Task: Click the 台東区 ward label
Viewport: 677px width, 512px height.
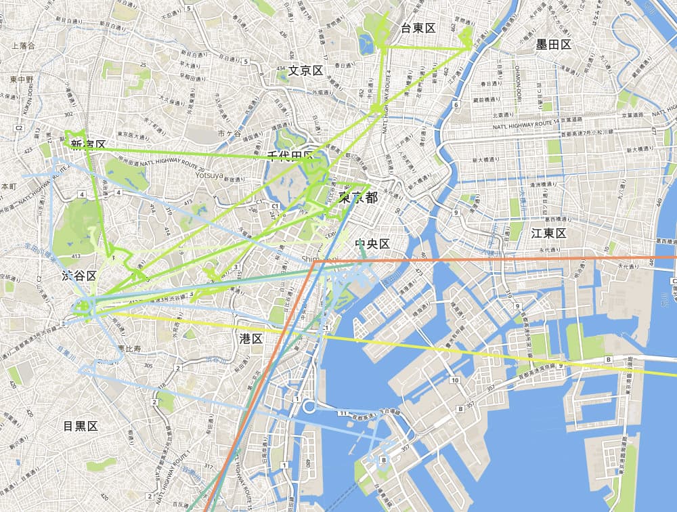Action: tap(417, 28)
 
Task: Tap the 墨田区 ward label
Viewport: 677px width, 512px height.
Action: tap(553, 45)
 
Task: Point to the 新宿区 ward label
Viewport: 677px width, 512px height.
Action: tap(88, 144)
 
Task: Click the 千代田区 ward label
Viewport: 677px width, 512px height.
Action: tap(290, 157)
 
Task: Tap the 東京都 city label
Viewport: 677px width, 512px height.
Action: tap(358, 198)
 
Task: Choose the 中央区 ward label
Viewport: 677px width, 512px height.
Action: tap(372, 244)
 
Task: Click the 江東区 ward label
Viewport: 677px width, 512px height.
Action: tap(548, 233)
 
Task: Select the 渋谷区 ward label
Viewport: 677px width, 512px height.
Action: tap(79, 276)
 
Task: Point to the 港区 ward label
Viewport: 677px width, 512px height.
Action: tap(251, 338)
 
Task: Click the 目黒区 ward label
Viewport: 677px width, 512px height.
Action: tap(81, 426)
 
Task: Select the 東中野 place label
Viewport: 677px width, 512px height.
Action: tap(22, 80)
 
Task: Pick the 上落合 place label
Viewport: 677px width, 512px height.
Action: tap(23, 45)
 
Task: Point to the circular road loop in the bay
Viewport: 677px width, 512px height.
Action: tap(308, 407)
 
